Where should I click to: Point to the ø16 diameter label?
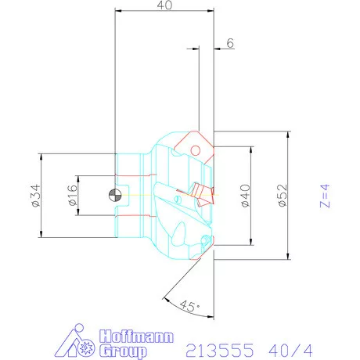70,196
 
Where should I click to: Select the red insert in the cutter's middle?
200,192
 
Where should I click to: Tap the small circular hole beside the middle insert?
182,201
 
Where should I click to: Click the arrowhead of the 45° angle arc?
165,297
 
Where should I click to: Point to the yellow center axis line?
137,195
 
